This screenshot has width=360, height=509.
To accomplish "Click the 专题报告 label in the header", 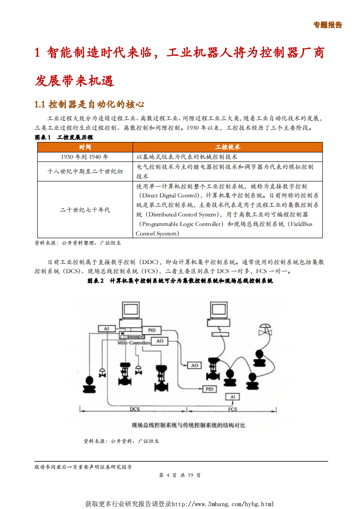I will pos(327,25).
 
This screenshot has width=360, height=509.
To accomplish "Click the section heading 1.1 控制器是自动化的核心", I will pos(89,105).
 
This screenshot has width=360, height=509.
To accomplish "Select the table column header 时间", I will pos(85,147).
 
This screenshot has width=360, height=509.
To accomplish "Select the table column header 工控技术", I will pos(227,147).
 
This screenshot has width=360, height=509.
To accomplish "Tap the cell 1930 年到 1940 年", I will pos(85,157).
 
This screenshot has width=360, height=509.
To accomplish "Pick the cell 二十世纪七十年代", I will pos(85,210).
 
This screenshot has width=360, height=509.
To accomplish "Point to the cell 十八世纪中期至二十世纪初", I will pos(85,171).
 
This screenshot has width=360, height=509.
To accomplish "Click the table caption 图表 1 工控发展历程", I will pos(64,137).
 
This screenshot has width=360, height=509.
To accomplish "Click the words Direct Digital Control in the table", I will pos(168,195).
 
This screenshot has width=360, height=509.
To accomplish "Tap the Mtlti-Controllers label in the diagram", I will pos(134,343).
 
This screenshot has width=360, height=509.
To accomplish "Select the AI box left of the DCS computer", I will pos(107,328).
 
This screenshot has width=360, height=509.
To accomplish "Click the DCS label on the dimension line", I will pos(134,409).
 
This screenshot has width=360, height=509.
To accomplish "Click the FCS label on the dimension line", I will pos(232,409).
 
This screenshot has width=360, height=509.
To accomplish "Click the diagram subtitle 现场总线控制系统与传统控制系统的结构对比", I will pos(188,425).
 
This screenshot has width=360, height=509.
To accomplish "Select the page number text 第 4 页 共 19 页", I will pos(180,475).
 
